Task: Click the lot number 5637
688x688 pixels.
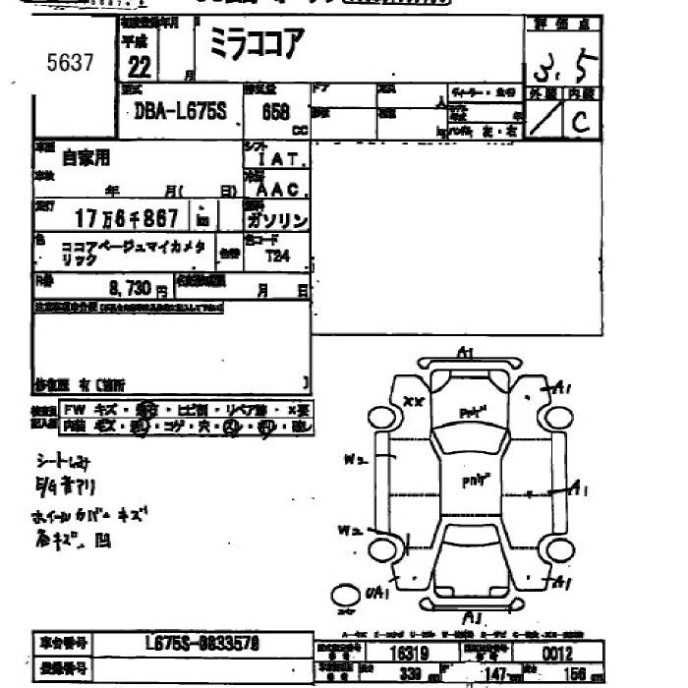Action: [x=70, y=64]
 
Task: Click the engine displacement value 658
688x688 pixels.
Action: [x=274, y=111]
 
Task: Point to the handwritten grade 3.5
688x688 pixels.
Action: [x=561, y=70]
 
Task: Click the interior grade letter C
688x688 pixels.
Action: [x=582, y=121]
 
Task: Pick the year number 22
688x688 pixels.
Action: [x=139, y=66]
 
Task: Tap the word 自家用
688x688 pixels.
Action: [x=86, y=156]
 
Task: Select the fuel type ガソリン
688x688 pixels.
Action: [x=278, y=219]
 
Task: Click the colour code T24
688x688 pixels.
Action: [x=278, y=255]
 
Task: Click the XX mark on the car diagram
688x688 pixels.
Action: [x=414, y=402]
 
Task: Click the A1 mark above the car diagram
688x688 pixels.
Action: [x=466, y=353]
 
